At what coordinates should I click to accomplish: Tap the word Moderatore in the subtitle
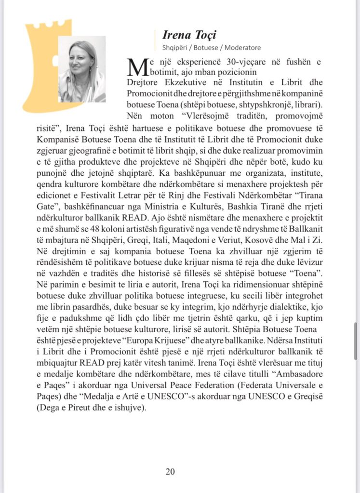point(241,48)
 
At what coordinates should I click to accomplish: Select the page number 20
point(170,471)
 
